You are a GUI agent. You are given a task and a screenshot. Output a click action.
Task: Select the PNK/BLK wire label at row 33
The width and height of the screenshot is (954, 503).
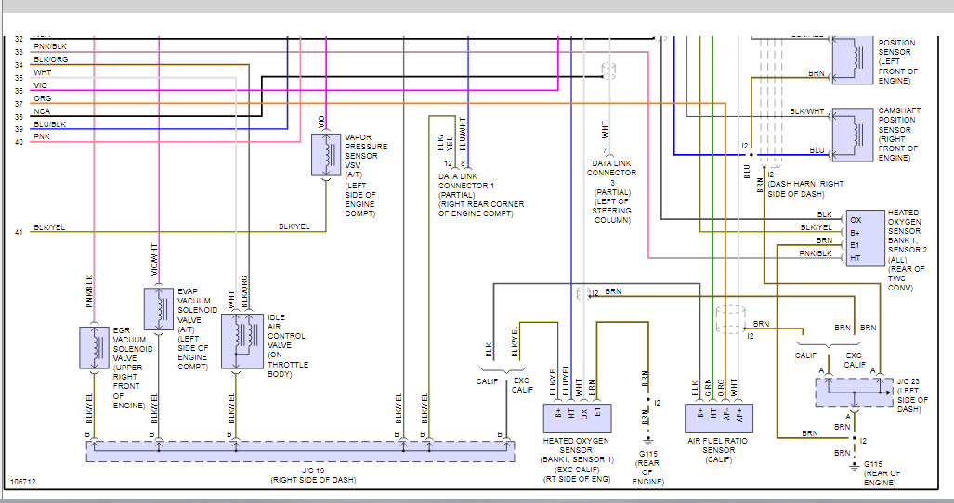tap(50, 47)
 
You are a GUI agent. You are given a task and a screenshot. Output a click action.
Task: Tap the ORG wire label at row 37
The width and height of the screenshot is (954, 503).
tap(43, 97)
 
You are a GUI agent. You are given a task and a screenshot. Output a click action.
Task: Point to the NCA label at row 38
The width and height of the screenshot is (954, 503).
tap(43, 110)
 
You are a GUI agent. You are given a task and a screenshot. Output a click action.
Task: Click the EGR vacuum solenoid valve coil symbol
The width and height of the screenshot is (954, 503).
tap(95, 347)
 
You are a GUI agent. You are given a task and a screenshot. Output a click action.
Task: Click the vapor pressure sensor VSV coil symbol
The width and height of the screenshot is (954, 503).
tap(324, 154)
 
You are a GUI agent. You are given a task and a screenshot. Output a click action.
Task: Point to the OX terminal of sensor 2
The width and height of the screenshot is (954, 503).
tap(855, 220)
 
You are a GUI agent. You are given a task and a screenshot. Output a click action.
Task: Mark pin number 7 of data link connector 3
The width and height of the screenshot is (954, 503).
tap(605, 150)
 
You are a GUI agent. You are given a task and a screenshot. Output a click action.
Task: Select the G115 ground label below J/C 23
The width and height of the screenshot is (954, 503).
tap(872, 463)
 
